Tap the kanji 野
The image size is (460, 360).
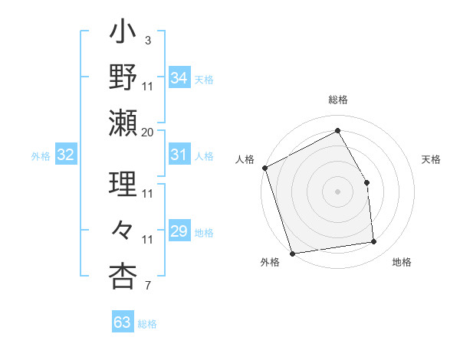123,78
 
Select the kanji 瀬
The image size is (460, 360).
123,123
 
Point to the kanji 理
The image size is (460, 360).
123,184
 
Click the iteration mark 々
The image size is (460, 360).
123,230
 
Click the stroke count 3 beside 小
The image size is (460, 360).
147,40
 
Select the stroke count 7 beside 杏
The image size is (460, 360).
147,286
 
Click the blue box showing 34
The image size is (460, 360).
179,78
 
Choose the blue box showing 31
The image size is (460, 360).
179,155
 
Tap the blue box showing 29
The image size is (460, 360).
179,231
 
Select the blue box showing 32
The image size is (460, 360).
65,155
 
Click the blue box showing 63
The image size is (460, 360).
122,322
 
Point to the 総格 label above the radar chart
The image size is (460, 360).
338,100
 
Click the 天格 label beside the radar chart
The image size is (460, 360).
432,159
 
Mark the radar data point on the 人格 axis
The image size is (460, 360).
264,168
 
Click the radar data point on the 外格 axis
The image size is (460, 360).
292,253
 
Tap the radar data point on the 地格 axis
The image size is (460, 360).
374,242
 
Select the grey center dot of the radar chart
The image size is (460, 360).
337,191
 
